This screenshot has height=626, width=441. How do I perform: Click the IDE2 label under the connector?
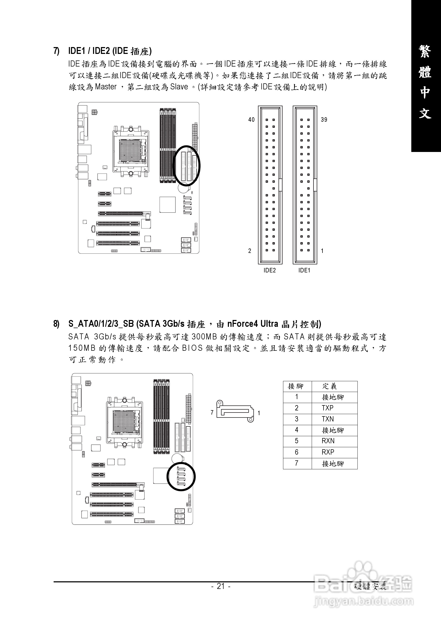tap(270, 270)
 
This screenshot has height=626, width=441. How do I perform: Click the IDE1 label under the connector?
tap(304, 270)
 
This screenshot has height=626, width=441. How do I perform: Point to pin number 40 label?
tap(251, 120)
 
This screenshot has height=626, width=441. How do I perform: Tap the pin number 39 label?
tap(324, 120)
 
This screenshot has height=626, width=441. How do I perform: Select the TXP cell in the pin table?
tap(328, 408)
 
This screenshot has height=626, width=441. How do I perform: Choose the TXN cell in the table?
tap(328, 419)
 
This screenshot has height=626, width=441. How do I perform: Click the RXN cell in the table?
tap(328, 441)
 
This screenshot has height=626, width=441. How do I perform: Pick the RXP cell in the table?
tap(328, 452)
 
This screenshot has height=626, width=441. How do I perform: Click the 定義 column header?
tap(330, 386)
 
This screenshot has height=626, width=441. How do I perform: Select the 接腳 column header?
tap(296, 386)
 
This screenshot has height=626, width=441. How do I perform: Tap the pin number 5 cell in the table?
tap(296, 441)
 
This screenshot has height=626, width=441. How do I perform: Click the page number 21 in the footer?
tap(221, 586)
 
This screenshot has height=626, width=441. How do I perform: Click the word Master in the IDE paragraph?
tap(106, 87)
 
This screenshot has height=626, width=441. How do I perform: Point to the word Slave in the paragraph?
tap(179, 87)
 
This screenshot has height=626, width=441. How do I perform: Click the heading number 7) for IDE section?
tap(56, 51)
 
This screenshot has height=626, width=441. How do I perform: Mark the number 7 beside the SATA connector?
tap(212, 413)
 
